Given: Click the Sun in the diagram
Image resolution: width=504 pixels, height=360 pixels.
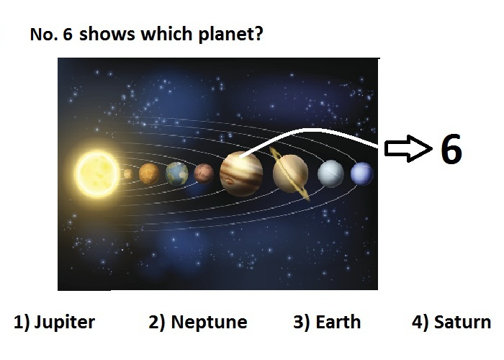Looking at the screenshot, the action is tap(97, 174).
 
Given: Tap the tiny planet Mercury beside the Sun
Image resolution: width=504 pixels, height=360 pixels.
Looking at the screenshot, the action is tap(128, 174).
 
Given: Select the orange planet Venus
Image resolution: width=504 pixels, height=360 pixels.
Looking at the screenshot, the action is tap(149, 174).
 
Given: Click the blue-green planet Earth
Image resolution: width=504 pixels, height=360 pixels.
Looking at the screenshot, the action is tap(177, 174).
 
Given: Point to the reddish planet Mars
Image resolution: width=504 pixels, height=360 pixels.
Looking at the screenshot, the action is tap(204, 174).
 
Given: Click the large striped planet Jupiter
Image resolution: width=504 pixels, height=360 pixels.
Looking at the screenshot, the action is tap(241, 174).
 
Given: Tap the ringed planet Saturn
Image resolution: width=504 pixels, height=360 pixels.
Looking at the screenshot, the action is tap(290, 174).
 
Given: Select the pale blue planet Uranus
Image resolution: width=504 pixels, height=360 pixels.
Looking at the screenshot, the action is tap(330, 174).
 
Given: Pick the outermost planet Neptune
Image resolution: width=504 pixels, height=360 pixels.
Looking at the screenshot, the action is tap(362, 174).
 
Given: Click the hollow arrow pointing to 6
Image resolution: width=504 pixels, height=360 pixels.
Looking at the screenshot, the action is tap(408, 148).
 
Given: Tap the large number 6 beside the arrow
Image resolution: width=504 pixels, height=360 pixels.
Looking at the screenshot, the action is tap(451, 149).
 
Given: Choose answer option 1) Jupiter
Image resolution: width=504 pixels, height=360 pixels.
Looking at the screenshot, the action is tap(54, 322).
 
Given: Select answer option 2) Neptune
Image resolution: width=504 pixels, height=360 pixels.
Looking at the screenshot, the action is tap(198, 322).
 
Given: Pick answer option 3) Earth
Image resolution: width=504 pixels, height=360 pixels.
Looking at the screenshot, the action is tap(327, 322).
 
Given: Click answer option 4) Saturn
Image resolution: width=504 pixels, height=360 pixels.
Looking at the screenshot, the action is tap(451, 322).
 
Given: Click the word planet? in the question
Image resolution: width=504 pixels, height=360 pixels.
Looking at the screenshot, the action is tap(230, 34).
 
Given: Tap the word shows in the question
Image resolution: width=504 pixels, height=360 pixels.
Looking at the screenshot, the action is tap(107, 34).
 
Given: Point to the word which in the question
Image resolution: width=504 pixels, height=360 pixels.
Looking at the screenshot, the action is tap(166, 33).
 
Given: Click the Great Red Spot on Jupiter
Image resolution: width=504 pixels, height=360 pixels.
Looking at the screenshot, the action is tap(230, 181).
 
